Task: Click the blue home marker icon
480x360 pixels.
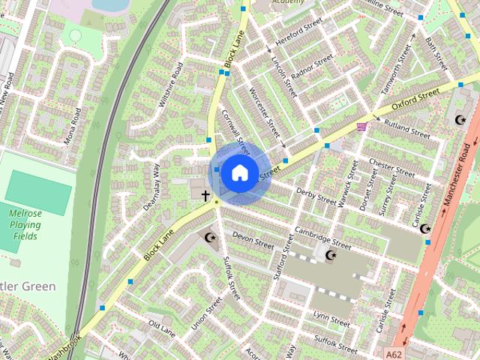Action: coord(238,172)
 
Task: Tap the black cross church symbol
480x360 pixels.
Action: coord(205,195)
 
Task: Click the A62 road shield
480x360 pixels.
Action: coord(397,352)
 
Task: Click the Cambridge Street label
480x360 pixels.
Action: coord(322,238)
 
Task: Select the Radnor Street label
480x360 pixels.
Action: coord(313,67)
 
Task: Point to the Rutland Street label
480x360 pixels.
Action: coord(406,129)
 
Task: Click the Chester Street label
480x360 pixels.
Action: coord(391,166)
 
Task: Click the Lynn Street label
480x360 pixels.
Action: coord(331,318)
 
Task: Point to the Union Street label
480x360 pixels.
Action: coord(207,316)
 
